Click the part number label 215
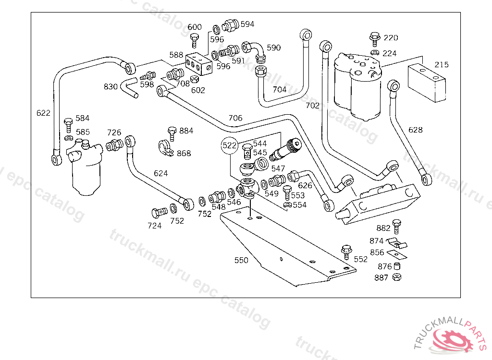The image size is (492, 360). pyautogui.click(x=442, y=65)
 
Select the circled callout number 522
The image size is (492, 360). pyautogui.click(x=230, y=144)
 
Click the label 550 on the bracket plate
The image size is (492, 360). pyautogui.click(x=241, y=260)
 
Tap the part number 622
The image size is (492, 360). pyautogui.click(x=43, y=113)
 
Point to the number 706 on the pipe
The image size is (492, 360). pyautogui.click(x=235, y=118)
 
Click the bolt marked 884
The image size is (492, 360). pyautogui.click(x=172, y=132)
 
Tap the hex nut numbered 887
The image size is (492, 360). pyautogui.click(x=397, y=277)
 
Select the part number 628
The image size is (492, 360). pyautogui.click(x=416, y=130)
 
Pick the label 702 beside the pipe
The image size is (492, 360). pyautogui.click(x=312, y=105)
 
